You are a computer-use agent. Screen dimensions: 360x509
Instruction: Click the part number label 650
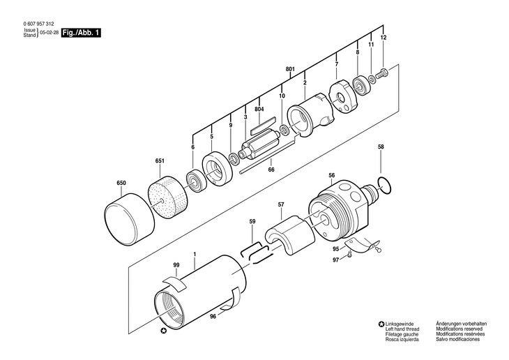point(121,184)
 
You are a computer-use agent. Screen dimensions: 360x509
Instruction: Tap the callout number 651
point(160,161)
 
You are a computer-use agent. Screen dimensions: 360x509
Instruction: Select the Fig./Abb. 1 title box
point(81,33)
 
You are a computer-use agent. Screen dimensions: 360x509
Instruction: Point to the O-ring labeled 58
point(383,183)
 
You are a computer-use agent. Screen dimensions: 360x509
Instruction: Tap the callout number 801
point(290,68)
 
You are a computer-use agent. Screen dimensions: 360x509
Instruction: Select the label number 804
point(259,109)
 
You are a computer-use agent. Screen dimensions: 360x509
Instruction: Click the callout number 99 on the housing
point(176,265)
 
